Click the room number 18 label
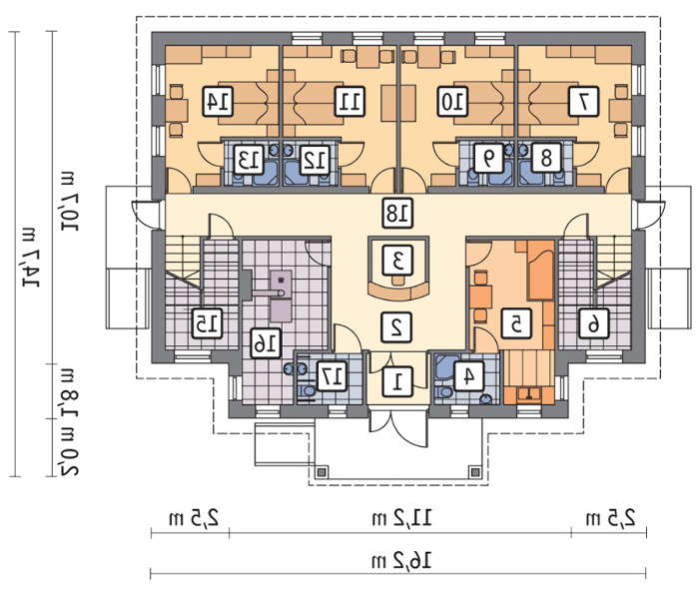397,214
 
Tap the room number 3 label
397,261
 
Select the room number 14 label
218,102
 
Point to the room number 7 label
583,102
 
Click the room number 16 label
266,343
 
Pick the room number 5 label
516,323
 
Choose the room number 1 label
397,381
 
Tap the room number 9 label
488,158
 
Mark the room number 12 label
315,159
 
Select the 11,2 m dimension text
401,518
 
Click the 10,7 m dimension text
69,201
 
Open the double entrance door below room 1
397,427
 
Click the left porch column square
322,472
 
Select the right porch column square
475,472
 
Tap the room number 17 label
332,376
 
